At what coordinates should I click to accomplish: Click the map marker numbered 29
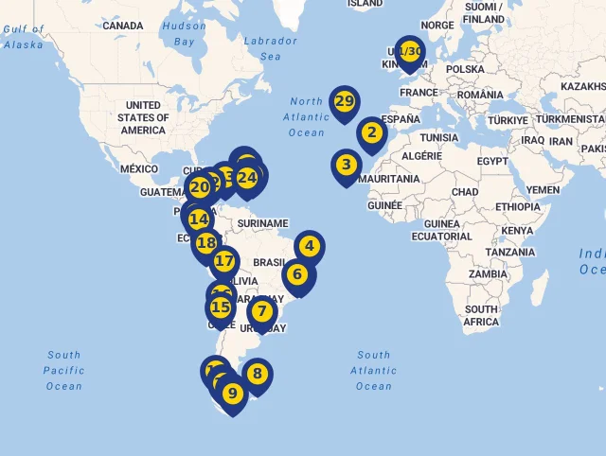coord(344,101)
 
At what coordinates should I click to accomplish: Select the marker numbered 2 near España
coord(371,133)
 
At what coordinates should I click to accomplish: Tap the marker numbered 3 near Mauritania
coord(347,165)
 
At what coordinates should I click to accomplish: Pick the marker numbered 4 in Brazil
coord(309,246)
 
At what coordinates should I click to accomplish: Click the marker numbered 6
coord(297,275)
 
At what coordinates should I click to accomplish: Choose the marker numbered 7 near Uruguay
coord(262,311)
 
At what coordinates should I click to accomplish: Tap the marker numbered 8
coord(257,374)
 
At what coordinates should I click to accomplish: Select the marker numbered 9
coord(232,393)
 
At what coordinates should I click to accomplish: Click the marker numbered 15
coord(221,307)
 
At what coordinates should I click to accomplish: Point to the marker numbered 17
coord(224,261)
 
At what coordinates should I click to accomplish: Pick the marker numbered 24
coord(247,177)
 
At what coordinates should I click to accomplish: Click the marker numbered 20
coord(199,187)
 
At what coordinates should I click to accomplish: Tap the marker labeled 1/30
coord(409,51)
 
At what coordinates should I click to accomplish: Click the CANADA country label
coord(123,26)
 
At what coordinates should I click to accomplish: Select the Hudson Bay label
coord(184,34)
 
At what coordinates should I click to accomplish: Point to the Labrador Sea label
coord(270,48)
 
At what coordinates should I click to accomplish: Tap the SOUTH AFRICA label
coord(481,316)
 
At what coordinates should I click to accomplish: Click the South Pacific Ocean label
coord(64,371)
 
